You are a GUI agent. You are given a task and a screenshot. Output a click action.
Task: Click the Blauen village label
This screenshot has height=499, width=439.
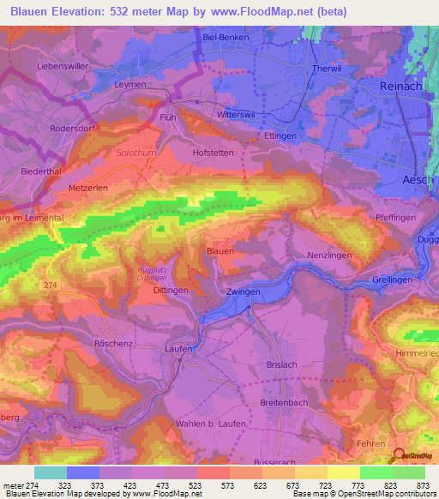(x=220, y=250)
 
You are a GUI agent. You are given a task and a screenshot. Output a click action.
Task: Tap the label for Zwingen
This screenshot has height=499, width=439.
(x=243, y=292)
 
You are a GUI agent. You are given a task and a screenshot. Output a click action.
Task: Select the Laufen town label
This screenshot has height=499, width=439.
(x=179, y=348)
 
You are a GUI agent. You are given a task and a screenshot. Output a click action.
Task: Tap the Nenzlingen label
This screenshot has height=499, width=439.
(x=330, y=256)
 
